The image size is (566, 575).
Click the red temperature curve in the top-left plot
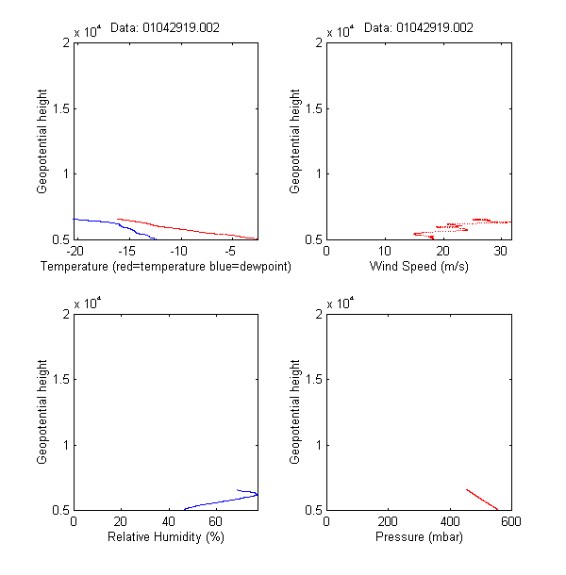[x=189, y=229]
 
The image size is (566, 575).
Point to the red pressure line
[x=481, y=500]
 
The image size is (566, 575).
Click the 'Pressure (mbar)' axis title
[x=418, y=537]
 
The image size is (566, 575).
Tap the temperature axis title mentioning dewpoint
[x=166, y=267]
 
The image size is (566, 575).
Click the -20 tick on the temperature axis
[x=74, y=252]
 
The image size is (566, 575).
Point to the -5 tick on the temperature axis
[x=230, y=252]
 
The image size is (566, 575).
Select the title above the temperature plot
[x=165, y=28]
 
